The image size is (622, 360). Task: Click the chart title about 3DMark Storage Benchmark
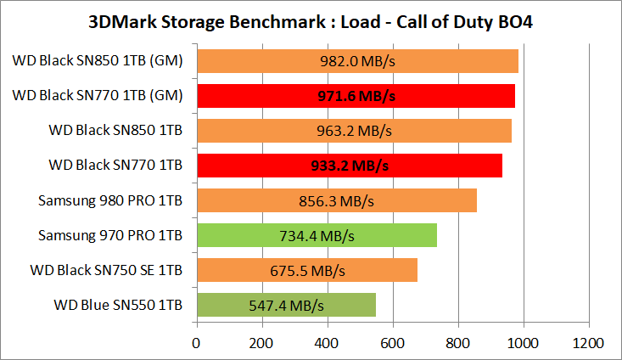pos(311,20)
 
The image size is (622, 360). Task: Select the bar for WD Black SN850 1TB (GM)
pos(357,61)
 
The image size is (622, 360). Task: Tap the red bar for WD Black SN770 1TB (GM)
pos(356,96)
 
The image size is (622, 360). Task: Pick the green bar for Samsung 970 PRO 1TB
pos(317,235)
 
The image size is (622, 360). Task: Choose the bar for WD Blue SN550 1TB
pos(286,305)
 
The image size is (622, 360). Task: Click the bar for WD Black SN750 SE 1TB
pos(307,270)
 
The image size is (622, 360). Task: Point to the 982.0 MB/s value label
pos(357,61)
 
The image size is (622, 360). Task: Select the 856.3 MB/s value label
pos(337,200)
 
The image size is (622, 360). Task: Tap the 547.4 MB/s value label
pos(286,305)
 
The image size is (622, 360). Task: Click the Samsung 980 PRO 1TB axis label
pos(110,200)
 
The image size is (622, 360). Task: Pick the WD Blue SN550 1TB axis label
pos(118,305)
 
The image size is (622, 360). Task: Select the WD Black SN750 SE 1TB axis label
pos(105,270)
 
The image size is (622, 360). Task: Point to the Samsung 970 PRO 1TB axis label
pos(110,235)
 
